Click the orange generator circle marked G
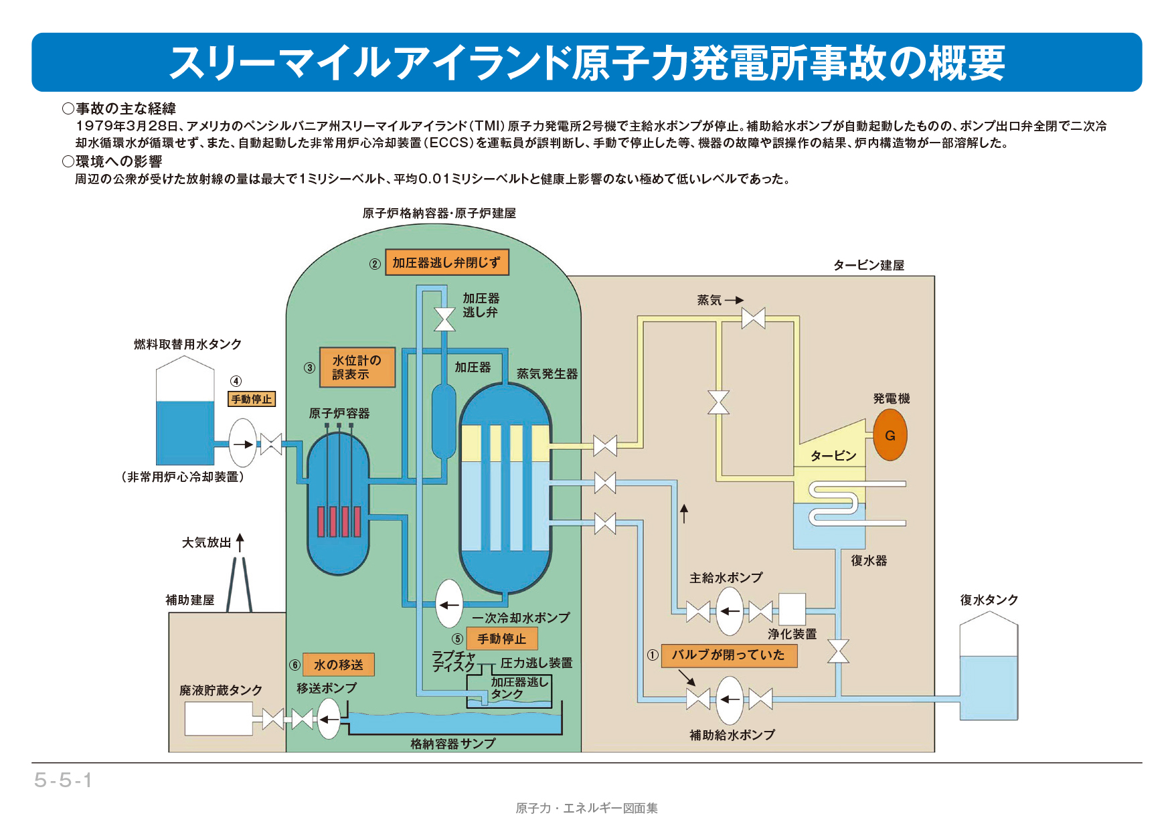[x=890, y=435]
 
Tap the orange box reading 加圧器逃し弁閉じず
[x=446, y=262]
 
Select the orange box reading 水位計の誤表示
[x=357, y=367]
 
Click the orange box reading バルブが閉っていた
[x=729, y=655]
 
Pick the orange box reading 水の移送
[x=338, y=665]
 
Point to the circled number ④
[x=236, y=381]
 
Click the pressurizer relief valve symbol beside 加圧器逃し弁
[x=444, y=319]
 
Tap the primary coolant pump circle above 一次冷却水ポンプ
[x=449, y=604]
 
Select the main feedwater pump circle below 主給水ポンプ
[x=730, y=610]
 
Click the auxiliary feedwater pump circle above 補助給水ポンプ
[x=730, y=699]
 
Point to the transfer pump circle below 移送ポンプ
[x=329, y=719]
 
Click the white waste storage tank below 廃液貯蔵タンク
[x=218, y=718]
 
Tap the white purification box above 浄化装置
[x=792, y=609]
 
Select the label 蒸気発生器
[x=547, y=373]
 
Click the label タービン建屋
[x=868, y=265]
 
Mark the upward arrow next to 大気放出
[x=240, y=542]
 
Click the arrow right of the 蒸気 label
[x=734, y=300]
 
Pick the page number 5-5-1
[x=63, y=780]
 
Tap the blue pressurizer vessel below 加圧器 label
[x=444, y=420]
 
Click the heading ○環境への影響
[x=112, y=161]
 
